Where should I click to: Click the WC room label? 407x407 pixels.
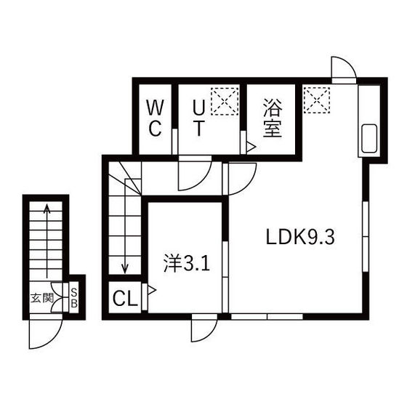coord(155,118)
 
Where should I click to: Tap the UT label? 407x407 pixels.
coord(198,118)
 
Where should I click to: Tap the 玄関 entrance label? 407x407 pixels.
coord(42,298)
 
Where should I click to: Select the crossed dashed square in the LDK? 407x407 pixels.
coord(317,100)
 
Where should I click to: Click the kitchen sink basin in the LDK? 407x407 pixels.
coord(368,138)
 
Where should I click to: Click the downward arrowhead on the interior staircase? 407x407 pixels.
coord(125,268)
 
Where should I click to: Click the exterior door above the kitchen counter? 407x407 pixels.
coord(344,68)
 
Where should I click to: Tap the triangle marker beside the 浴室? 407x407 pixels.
coord(251,147)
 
